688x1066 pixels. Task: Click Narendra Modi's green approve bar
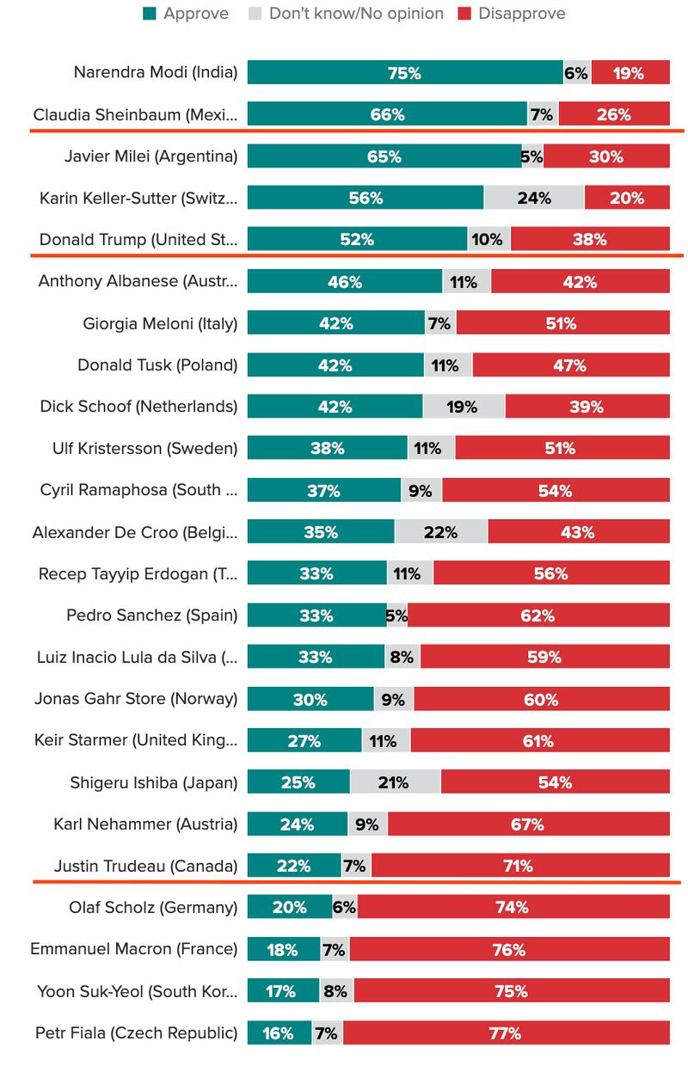tap(404, 73)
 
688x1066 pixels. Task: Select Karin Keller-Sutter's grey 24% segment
tap(534, 198)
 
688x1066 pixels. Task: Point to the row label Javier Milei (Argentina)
tap(150, 156)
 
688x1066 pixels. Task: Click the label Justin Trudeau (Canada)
tap(145, 866)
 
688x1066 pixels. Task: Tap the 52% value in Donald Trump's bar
tap(357, 240)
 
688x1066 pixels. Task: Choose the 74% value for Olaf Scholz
tap(512, 908)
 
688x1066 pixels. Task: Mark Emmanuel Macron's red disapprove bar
tap(509, 950)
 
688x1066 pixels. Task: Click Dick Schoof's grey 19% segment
tap(463, 407)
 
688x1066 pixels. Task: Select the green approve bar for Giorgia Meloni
tap(335, 324)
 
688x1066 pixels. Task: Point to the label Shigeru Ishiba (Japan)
tap(154, 782)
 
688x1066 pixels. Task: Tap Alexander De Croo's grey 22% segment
tap(440, 532)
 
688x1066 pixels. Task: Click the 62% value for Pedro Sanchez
tap(537, 616)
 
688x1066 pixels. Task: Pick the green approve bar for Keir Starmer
tap(304, 741)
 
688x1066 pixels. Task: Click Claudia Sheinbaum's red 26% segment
tap(613, 114)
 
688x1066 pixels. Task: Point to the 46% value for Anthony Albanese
tap(345, 282)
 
